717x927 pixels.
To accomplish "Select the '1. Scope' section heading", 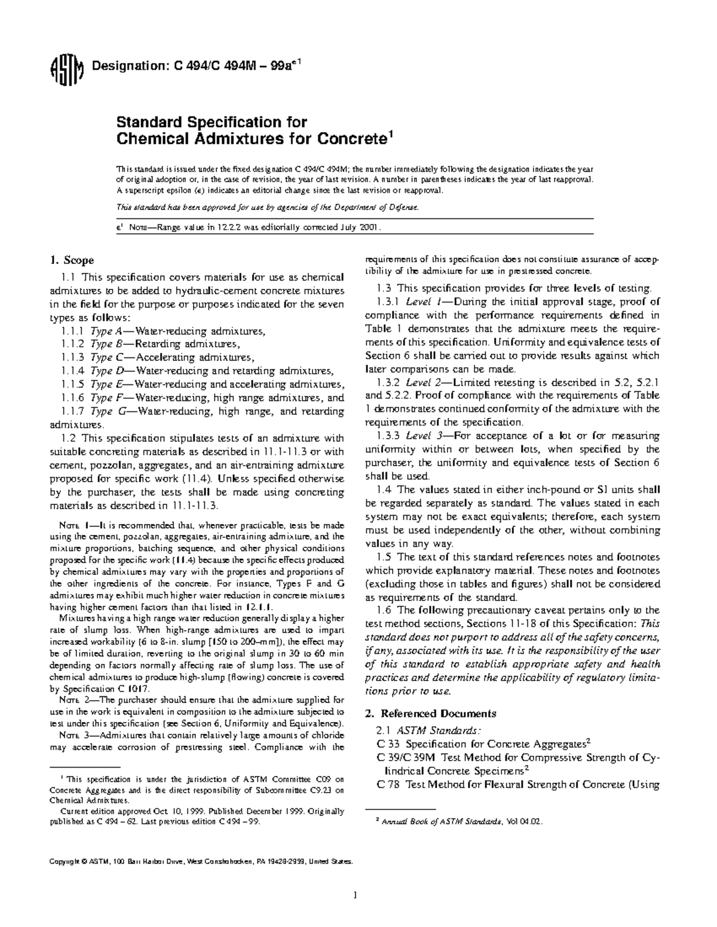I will [71, 260].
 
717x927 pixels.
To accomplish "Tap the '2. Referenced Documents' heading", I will [430, 713].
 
